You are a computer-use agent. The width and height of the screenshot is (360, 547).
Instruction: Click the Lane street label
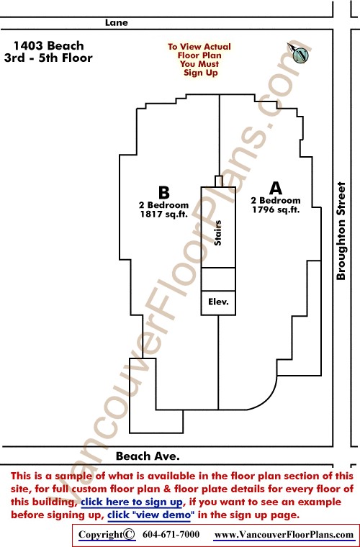coord(117,23)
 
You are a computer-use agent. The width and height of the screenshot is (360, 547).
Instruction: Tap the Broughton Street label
coord(341,231)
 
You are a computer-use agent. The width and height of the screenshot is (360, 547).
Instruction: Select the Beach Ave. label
coord(148,456)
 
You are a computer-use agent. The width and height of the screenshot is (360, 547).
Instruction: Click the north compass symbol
coord(299,53)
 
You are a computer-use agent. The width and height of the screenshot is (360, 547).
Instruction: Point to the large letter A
coord(276,189)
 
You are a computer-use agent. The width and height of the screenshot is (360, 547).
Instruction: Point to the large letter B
coord(164,193)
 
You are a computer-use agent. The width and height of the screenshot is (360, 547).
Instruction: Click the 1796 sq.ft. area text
coord(276,209)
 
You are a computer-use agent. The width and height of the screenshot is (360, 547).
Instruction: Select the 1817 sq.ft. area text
coord(164,214)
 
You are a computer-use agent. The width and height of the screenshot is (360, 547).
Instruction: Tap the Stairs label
coord(218,233)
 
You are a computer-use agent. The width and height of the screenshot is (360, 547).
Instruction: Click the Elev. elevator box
coord(218,303)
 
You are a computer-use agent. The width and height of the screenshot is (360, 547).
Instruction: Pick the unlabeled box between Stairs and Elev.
coord(218,279)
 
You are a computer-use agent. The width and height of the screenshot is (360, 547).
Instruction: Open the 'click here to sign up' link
coord(132,502)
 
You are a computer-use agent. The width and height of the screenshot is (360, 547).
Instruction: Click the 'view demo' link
coord(149,515)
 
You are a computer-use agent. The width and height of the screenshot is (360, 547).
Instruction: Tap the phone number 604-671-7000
coord(171,535)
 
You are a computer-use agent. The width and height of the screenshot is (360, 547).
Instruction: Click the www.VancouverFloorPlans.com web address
coord(284,535)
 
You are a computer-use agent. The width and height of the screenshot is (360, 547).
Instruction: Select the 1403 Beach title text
coord(49,45)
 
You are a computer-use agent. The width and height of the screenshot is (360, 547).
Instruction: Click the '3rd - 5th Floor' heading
coord(48,58)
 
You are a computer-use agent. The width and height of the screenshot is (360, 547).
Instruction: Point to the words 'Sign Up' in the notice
coord(201,73)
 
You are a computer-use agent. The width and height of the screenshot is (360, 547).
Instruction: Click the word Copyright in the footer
coord(101,535)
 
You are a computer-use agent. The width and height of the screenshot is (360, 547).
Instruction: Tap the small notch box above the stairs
coord(219,181)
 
